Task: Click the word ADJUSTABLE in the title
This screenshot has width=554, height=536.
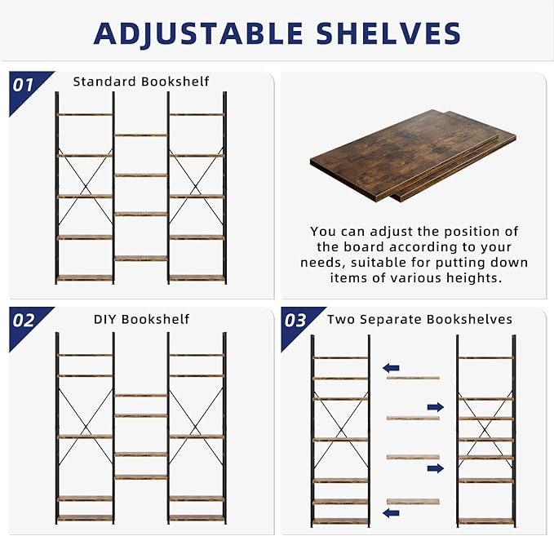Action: (x=196, y=33)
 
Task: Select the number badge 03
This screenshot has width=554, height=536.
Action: (x=295, y=320)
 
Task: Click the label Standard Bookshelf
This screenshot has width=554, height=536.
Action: (x=141, y=82)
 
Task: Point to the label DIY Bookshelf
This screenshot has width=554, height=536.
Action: (x=141, y=319)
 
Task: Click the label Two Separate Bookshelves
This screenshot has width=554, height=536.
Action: (x=419, y=319)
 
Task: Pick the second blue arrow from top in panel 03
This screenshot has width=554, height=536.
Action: (x=436, y=406)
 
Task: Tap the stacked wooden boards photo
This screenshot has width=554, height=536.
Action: (x=412, y=155)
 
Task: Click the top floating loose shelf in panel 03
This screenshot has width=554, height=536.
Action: (x=412, y=378)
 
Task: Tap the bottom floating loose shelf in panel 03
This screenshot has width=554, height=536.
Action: (x=412, y=501)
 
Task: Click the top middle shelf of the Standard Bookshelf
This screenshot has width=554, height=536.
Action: (x=140, y=135)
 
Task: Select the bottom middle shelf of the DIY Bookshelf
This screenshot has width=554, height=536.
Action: (x=140, y=476)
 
